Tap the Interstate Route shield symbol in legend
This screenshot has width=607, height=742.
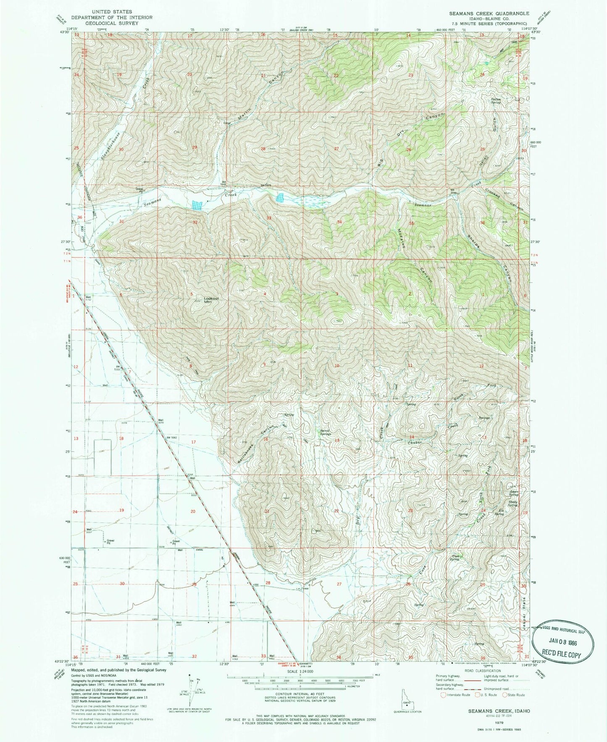coord(443,695)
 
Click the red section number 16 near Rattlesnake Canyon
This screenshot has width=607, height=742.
coord(266,439)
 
